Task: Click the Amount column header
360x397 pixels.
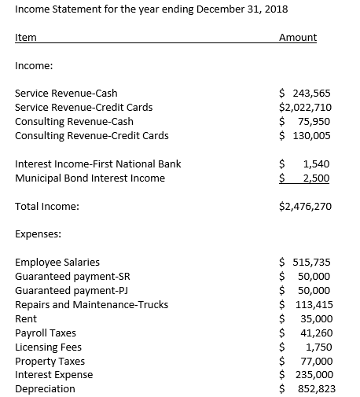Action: pos(298,38)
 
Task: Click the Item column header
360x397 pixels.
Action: pos(25,38)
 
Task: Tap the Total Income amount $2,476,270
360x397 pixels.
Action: pos(306,207)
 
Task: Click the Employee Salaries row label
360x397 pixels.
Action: pos(57,263)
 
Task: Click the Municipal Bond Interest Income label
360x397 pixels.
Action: pos(90,178)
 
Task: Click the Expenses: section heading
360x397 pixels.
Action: pos(39,234)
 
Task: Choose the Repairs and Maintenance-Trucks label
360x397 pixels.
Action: pos(91,305)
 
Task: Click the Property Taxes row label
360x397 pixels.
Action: pos(50,361)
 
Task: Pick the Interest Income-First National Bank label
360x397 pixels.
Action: pos(98,164)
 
